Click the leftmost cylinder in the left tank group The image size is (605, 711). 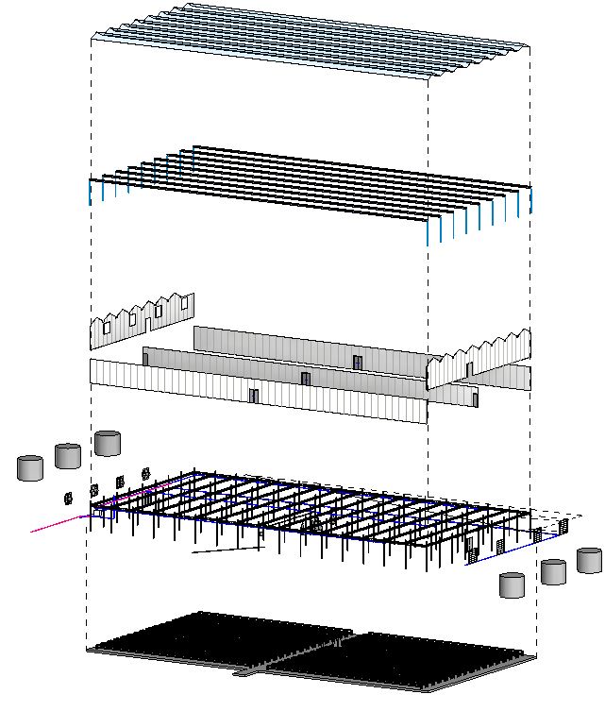(x=30, y=468)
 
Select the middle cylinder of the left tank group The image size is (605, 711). (x=68, y=456)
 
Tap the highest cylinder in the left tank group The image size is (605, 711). (x=108, y=443)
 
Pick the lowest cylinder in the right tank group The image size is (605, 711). (x=513, y=584)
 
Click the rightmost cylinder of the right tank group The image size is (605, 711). (x=589, y=560)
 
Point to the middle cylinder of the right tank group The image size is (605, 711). (x=553, y=571)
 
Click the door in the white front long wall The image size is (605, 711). (x=253, y=395)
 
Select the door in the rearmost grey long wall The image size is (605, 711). (x=357, y=363)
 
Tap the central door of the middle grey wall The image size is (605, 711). (x=305, y=379)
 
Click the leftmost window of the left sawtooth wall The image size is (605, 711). (x=107, y=328)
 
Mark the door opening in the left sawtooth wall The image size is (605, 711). (x=147, y=321)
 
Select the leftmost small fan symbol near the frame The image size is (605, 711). (x=68, y=497)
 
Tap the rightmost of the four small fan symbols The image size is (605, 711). (x=145, y=473)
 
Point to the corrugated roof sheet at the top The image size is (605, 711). (x=311, y=42)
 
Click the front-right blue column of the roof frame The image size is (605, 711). (x=428, y=230)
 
